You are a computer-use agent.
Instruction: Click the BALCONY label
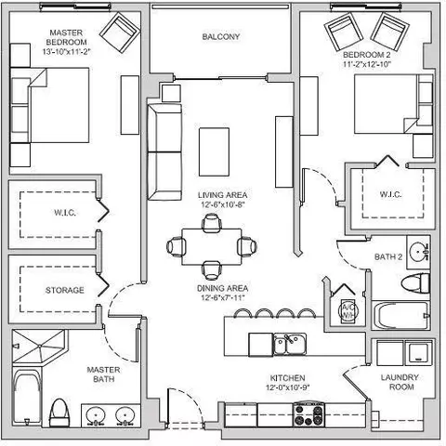click(x=221, y=37)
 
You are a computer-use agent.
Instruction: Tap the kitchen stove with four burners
click(x=309, y=414)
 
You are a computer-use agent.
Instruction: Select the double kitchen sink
click(x=290, y=344)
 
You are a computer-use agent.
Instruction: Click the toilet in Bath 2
click(x=415, y=283)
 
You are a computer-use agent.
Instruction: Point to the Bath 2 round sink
click(x=418, y=252)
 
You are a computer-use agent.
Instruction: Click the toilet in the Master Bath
click(x=59, y=413)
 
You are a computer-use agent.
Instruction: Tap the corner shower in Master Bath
click(x=39, y=347)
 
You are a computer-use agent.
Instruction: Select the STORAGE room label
click(x=65, y=290)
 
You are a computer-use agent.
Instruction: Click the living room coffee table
click(x=214, y=152)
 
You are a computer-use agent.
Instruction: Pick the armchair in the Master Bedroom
click(x=120, y=33)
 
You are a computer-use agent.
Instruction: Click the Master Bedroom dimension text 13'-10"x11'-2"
click(x=66, y=52)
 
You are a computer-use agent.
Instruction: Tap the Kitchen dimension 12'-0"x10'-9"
click(x=288, y=387)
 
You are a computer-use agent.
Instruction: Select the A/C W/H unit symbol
click(x=348, y=311)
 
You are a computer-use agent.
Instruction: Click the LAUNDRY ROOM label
click(x=400, y=382)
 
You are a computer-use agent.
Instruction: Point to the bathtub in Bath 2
click(x=401, y=315)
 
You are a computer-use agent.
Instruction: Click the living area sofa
click(x=164, y=151)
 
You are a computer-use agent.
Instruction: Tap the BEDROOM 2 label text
click(x=367, y=55)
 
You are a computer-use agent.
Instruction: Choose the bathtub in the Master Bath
click(x=27, y=397)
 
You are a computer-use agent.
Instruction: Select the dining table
click(x=212, y=247)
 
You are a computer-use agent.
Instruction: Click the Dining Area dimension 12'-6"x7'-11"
click(x=223, y=298)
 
